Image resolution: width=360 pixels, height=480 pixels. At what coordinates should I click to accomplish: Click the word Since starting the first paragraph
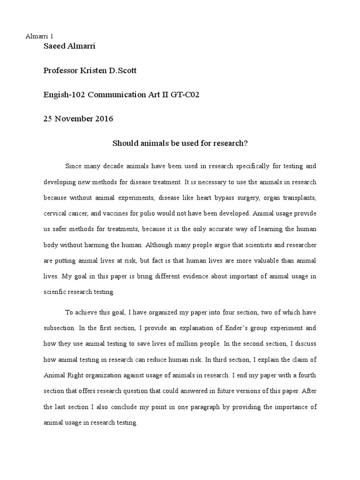(x=74, y=166)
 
